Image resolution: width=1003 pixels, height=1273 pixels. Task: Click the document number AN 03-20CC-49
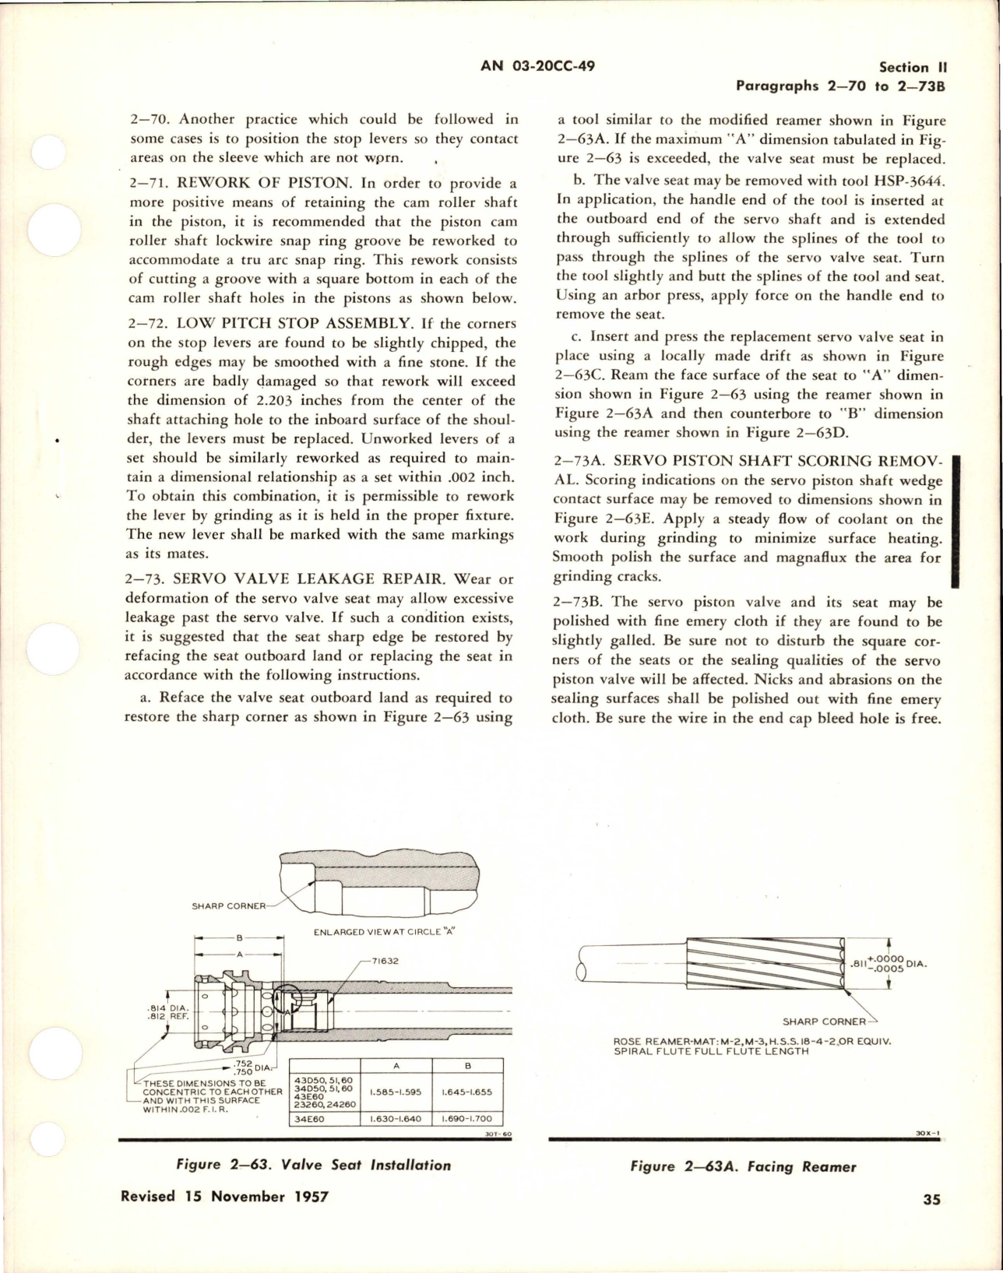pos(538,66)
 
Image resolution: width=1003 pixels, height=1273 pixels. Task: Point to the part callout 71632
pos(385,961)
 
